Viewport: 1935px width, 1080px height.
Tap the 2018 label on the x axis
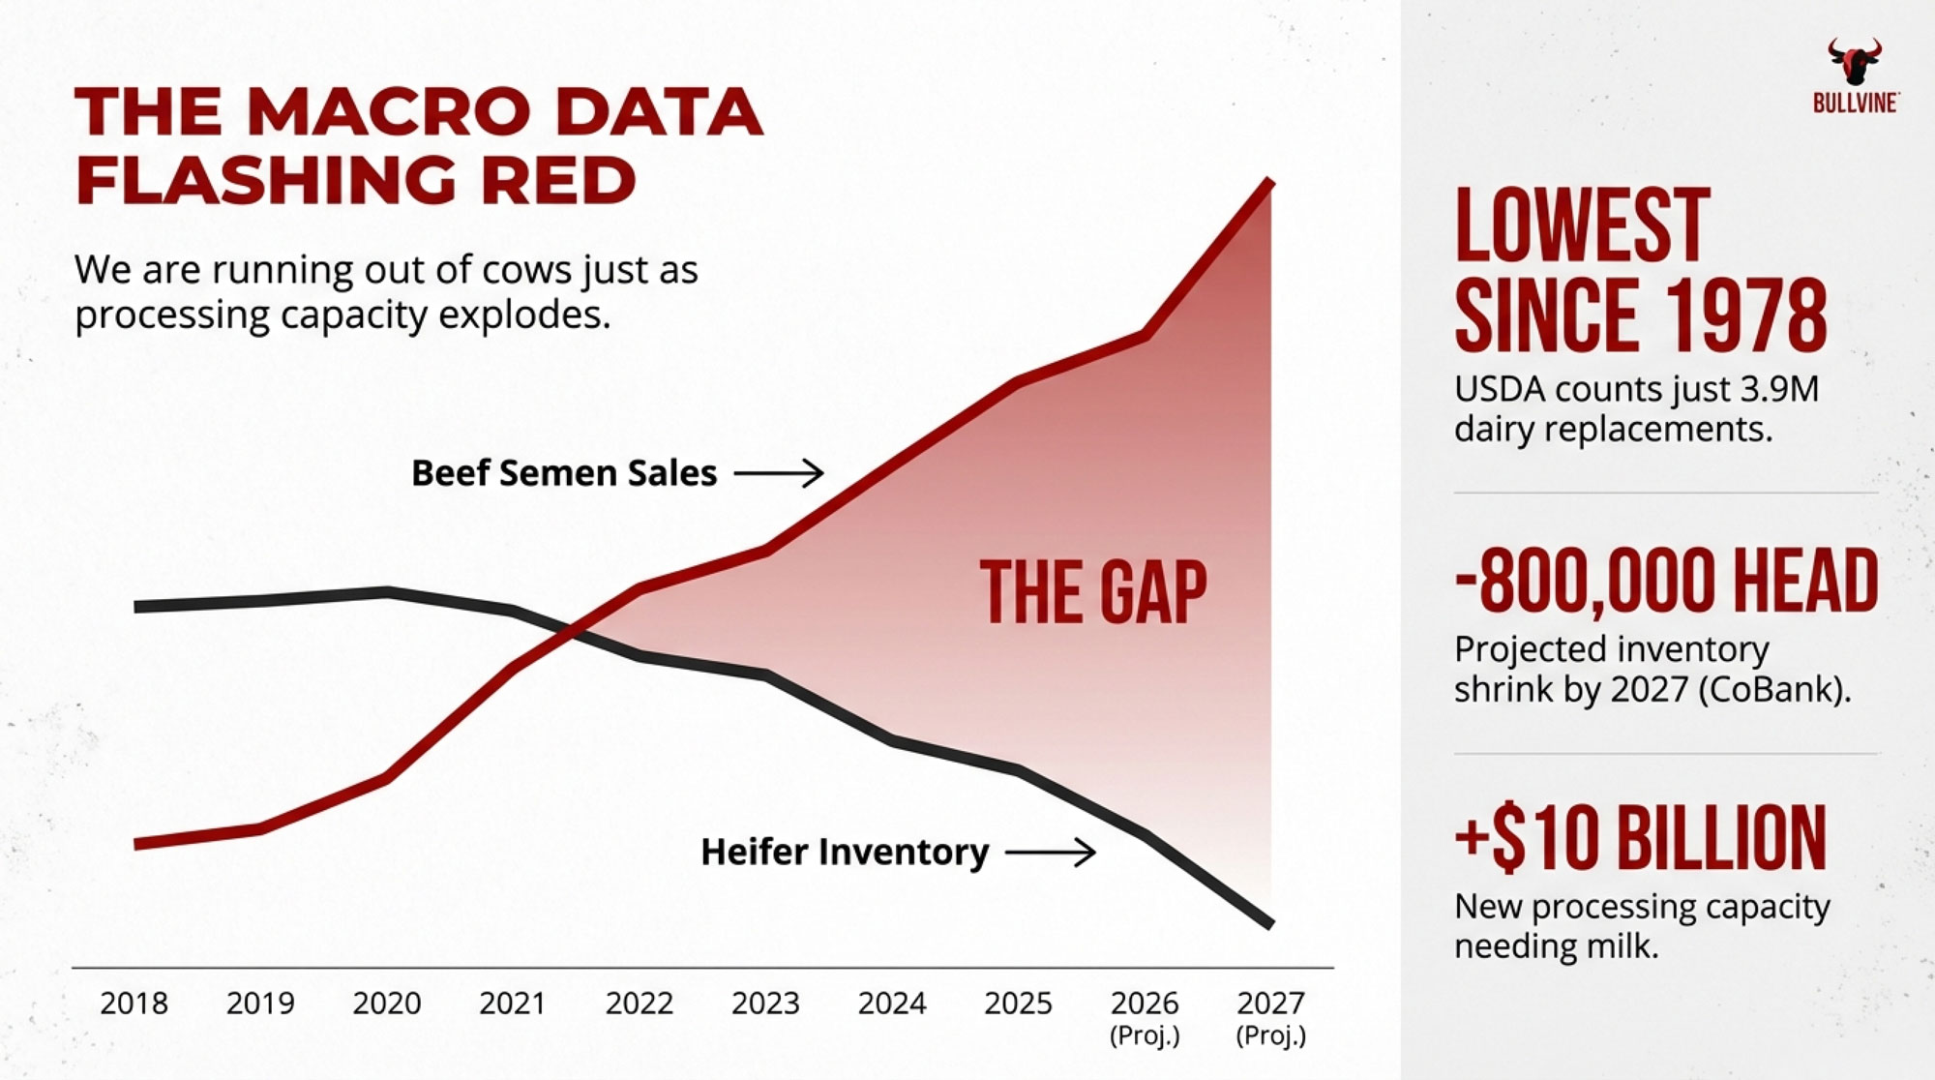coord(134,1004)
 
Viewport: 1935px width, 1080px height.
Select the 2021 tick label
coord(512,1004)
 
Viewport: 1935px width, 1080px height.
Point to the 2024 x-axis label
coord(891,1004)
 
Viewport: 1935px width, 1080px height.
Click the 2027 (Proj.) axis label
coord(1270,1016)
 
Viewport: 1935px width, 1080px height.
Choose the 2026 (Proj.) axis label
coord(1145,1016)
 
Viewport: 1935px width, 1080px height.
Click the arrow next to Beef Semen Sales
coord(779,473)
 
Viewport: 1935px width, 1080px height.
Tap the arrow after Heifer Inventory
coord(1051,853)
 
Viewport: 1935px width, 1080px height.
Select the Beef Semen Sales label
coord(564,473)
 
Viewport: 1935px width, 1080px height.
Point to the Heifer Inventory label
coord(845,853)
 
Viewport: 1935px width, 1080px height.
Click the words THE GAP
coord(1093,592)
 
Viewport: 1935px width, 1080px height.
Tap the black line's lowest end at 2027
coord(1269,924)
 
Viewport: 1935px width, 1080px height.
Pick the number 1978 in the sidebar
coord(1746,316)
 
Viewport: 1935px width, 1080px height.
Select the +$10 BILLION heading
coord(1641,838)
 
